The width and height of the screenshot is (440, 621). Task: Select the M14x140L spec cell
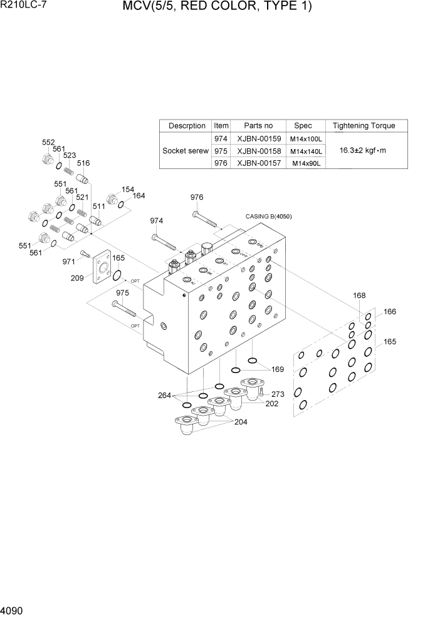pos(306,151)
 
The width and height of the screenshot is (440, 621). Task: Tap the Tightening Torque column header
pos(364,125)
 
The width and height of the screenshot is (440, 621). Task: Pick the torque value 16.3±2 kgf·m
pos(364,151)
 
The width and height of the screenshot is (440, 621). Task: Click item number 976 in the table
pos(221,163)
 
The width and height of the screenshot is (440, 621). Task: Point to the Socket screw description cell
pos(186,151)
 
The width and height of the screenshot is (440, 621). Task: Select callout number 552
pos(48,142)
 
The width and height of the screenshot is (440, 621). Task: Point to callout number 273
pos(278,394)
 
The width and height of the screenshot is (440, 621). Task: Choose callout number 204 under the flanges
pos(240,422)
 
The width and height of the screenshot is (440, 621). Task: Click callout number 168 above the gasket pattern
pos(359,296)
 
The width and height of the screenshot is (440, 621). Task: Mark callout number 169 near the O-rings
pos(277,369)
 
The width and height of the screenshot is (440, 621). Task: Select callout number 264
pos(165,395)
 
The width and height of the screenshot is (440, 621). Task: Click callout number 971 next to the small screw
pos(69,261)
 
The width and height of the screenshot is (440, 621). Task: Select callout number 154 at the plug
pos(128,190)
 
